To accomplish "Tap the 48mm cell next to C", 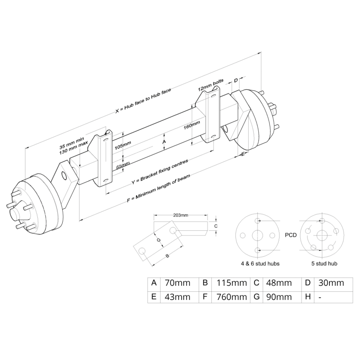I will (278, 283).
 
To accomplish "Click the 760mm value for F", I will (231, 297).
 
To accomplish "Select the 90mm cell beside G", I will (278, 297).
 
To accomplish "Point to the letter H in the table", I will (307, 297).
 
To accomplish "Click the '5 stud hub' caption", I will (324, 263).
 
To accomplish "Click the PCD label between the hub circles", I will (291, 234).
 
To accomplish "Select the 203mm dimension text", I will (181, 215).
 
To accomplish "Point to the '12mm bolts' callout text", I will (210, 86).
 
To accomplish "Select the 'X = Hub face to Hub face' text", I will (143, 101).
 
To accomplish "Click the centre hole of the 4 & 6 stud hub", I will (258, 235).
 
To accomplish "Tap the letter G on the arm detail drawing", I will (159, 240).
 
